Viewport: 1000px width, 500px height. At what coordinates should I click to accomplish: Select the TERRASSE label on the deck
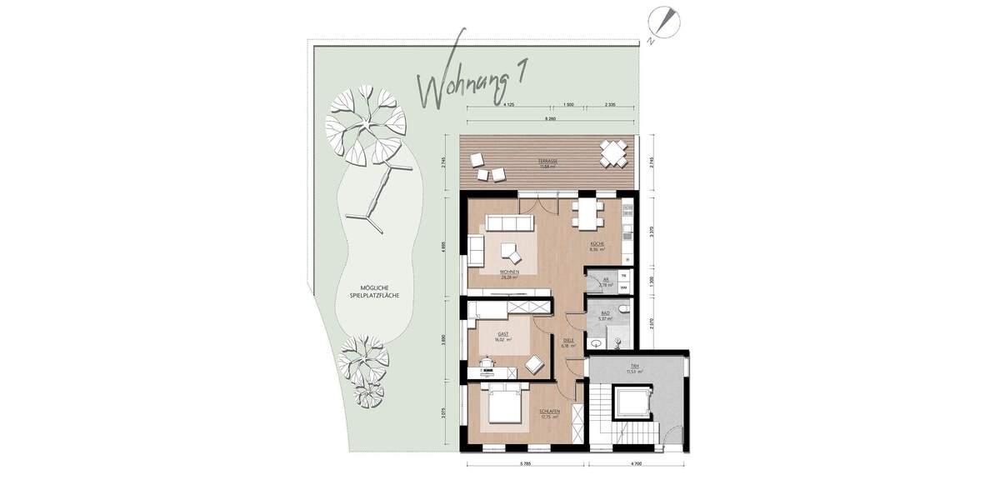click(x=547, y=162)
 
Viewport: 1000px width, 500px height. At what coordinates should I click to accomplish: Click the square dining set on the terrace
click(x=614, y=153)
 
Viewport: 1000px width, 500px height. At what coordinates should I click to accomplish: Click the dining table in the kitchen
click(x=587, y=213)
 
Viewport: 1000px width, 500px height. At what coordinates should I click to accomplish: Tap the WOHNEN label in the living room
click(x=509, y=274)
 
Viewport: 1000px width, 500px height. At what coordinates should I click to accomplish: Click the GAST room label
click(x=502, y=335)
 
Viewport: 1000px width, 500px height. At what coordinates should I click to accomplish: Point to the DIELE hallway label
click(x=569, y=341)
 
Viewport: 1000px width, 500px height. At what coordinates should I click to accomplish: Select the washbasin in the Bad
click(x=597, y=342)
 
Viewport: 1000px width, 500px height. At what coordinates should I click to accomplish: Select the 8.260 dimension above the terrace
click(x=550, y=120)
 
